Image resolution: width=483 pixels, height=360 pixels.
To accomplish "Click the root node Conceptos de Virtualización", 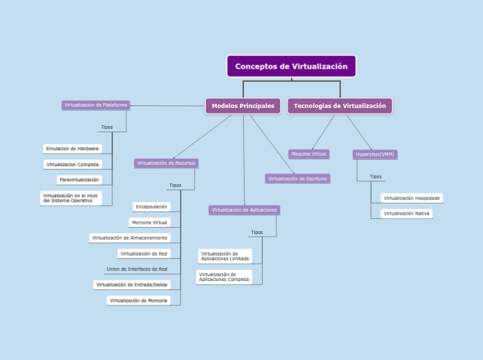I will coord(291,66).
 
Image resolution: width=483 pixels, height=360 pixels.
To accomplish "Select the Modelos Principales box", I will coord(243,106).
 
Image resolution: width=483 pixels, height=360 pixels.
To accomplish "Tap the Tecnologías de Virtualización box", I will coord(340,106).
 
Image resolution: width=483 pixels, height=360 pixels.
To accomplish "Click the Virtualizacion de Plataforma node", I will coord(96,105).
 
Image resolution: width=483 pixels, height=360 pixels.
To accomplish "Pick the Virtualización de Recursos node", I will coord(166,163).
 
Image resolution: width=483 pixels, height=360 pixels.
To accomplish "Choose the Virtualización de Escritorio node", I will coord(297,179).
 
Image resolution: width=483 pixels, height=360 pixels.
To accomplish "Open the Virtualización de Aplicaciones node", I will coord(244,210).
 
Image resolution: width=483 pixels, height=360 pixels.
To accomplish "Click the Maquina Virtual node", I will coord(309,154).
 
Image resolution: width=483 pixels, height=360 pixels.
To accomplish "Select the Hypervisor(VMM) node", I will coord(375,154).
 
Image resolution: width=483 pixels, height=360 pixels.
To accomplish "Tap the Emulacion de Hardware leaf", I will coord(72,149).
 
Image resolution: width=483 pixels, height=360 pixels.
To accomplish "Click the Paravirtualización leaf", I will coord(80,180).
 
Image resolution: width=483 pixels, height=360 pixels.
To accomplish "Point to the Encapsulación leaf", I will coord(151,206).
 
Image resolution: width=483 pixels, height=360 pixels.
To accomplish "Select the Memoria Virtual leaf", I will coord(149,222).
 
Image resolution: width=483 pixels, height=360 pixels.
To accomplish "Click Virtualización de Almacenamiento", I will coord(130,237).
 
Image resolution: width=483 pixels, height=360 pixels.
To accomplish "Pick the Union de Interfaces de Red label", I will coord(137,269).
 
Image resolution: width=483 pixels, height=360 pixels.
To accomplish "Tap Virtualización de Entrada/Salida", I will coord(132,285).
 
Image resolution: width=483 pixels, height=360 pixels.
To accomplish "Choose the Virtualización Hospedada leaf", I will coord(412,198).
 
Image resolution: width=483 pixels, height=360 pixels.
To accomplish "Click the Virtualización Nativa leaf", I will coord(407,213).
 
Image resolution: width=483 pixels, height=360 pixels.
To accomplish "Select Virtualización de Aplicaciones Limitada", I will coord(225,256).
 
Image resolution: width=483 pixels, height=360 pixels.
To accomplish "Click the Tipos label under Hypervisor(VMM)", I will coord(376,177).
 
